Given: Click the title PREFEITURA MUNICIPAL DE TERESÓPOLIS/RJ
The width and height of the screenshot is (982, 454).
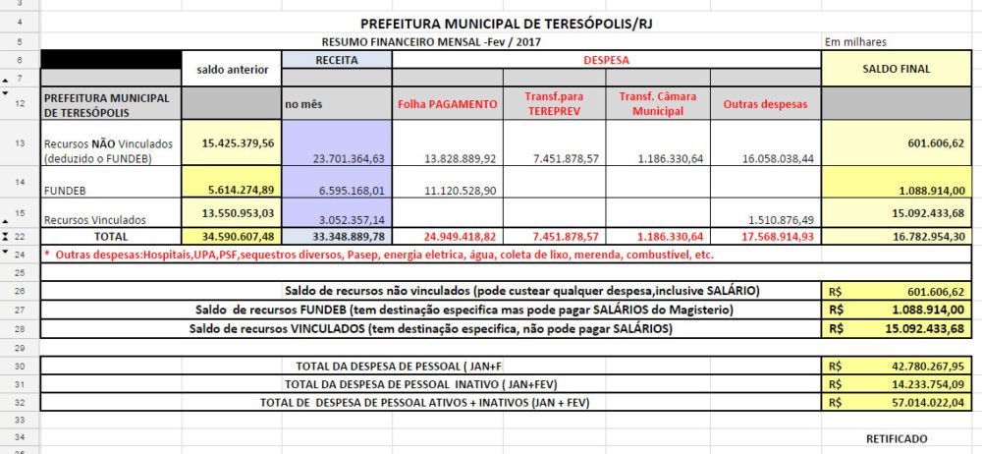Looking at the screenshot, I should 497,23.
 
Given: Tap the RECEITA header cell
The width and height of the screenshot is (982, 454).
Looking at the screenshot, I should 336,60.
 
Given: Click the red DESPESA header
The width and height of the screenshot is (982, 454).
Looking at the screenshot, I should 606,60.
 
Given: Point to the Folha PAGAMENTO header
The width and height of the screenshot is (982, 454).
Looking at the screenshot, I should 447,103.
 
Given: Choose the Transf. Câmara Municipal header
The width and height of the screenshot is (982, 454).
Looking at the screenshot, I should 659,103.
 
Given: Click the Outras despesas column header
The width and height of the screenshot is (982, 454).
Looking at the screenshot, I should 765,103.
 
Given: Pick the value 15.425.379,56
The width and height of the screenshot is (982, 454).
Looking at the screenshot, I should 238,142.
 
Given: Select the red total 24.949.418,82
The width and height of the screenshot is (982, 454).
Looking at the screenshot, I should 447,236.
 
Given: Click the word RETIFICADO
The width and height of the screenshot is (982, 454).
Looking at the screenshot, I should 896,438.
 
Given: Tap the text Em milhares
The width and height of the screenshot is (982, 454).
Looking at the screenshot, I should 856,42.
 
